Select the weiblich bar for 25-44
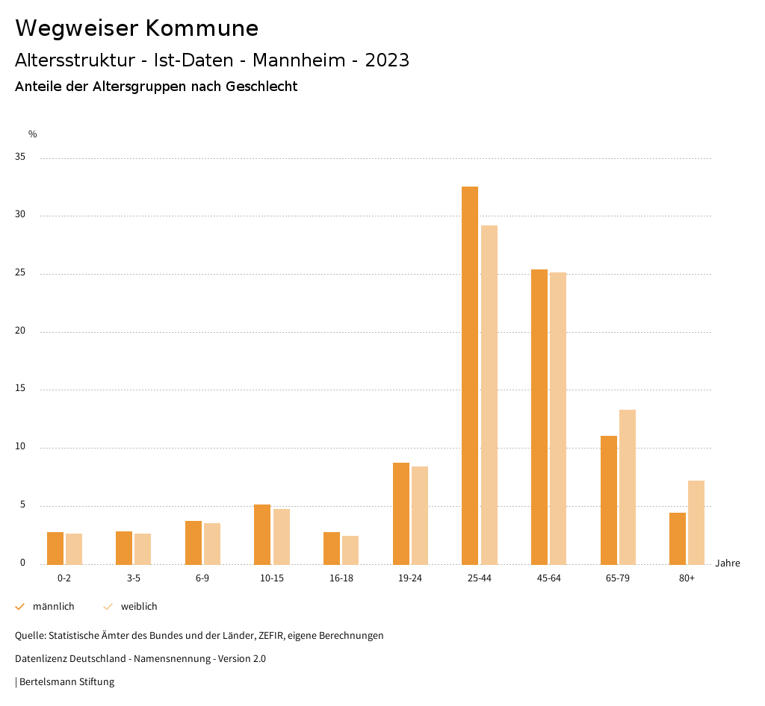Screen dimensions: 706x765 [x=489, y=395]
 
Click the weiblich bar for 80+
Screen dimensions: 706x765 [x=696, y=522]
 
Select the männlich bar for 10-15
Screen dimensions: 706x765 [x=262, y=534]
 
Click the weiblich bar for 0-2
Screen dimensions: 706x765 [x=74, y=549]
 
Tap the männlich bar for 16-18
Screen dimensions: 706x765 [x=332, y=548]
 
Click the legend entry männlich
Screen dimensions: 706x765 [x=53, y=607]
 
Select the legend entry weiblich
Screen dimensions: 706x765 [x=139, y=607]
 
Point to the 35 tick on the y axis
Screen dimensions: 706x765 [x=20, y=157]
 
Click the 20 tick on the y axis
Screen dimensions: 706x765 [x=20, y=331]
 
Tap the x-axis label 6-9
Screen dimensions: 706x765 [x=202, y=578]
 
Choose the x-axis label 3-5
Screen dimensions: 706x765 [x=134, y=578]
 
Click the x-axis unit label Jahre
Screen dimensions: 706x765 [x=727, y=563]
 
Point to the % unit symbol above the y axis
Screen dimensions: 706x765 [x=33, y=134]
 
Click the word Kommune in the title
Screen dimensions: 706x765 [x=202, y=28]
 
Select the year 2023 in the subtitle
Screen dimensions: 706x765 [x=387, y=60]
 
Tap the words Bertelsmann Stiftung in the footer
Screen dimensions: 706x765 [x=66, y=681]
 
